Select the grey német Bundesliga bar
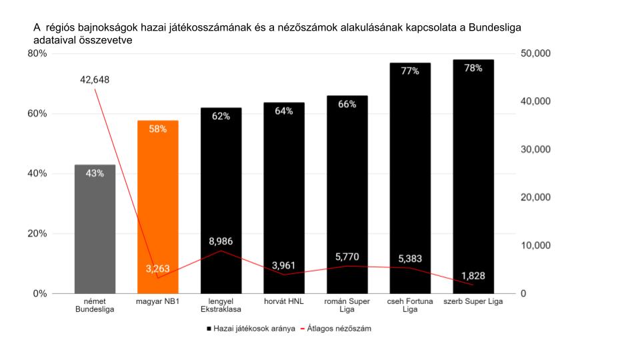tap(95, 233)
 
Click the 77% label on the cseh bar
tap(410, 71)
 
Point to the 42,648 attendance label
tap(95, 79)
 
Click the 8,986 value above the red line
tap(221, 241)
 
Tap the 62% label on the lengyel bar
tap(221, 116)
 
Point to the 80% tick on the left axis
tap(37, 53)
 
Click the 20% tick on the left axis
tap(37, 233)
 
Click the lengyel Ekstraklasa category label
tap(221, 305)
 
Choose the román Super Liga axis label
tap(347, 305)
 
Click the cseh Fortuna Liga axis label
tap(409, 305)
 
